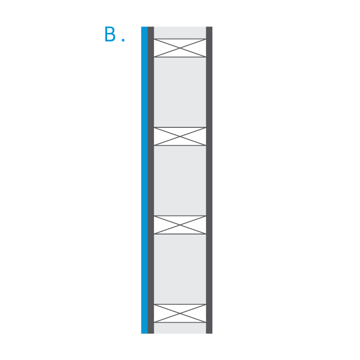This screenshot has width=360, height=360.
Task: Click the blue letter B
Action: click(110, 34)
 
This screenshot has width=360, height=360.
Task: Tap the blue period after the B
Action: click(123, 40)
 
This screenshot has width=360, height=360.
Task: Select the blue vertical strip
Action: click(144, 180)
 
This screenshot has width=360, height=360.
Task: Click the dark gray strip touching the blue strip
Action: click(151, 180)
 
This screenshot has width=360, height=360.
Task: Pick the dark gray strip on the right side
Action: click(209, 180)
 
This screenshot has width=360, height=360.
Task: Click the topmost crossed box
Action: click(180, 48)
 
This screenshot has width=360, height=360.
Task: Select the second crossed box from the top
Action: click(180, 136)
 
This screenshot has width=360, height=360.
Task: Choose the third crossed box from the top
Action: click(180, 225)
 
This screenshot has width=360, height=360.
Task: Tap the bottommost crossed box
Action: click(180, 313)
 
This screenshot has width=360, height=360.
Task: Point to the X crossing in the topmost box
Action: click(180, 48)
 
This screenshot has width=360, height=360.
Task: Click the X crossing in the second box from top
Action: click(180, 136)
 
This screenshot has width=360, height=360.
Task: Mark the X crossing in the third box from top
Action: click(180, 225)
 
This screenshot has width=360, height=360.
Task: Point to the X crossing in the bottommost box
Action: click(180, 313)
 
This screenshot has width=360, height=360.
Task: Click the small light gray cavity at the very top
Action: click(180, 32)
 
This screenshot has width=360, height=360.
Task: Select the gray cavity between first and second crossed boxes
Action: click(180, 92)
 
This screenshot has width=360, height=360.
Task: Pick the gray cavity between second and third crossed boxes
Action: click(180, 181)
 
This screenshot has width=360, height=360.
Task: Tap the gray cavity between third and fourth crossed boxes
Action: click(180, 269)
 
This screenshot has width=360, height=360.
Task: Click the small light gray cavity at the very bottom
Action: click(180, 328)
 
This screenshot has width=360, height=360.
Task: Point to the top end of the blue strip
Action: click(144, 27)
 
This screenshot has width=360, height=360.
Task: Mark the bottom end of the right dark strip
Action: click(209, 333)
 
